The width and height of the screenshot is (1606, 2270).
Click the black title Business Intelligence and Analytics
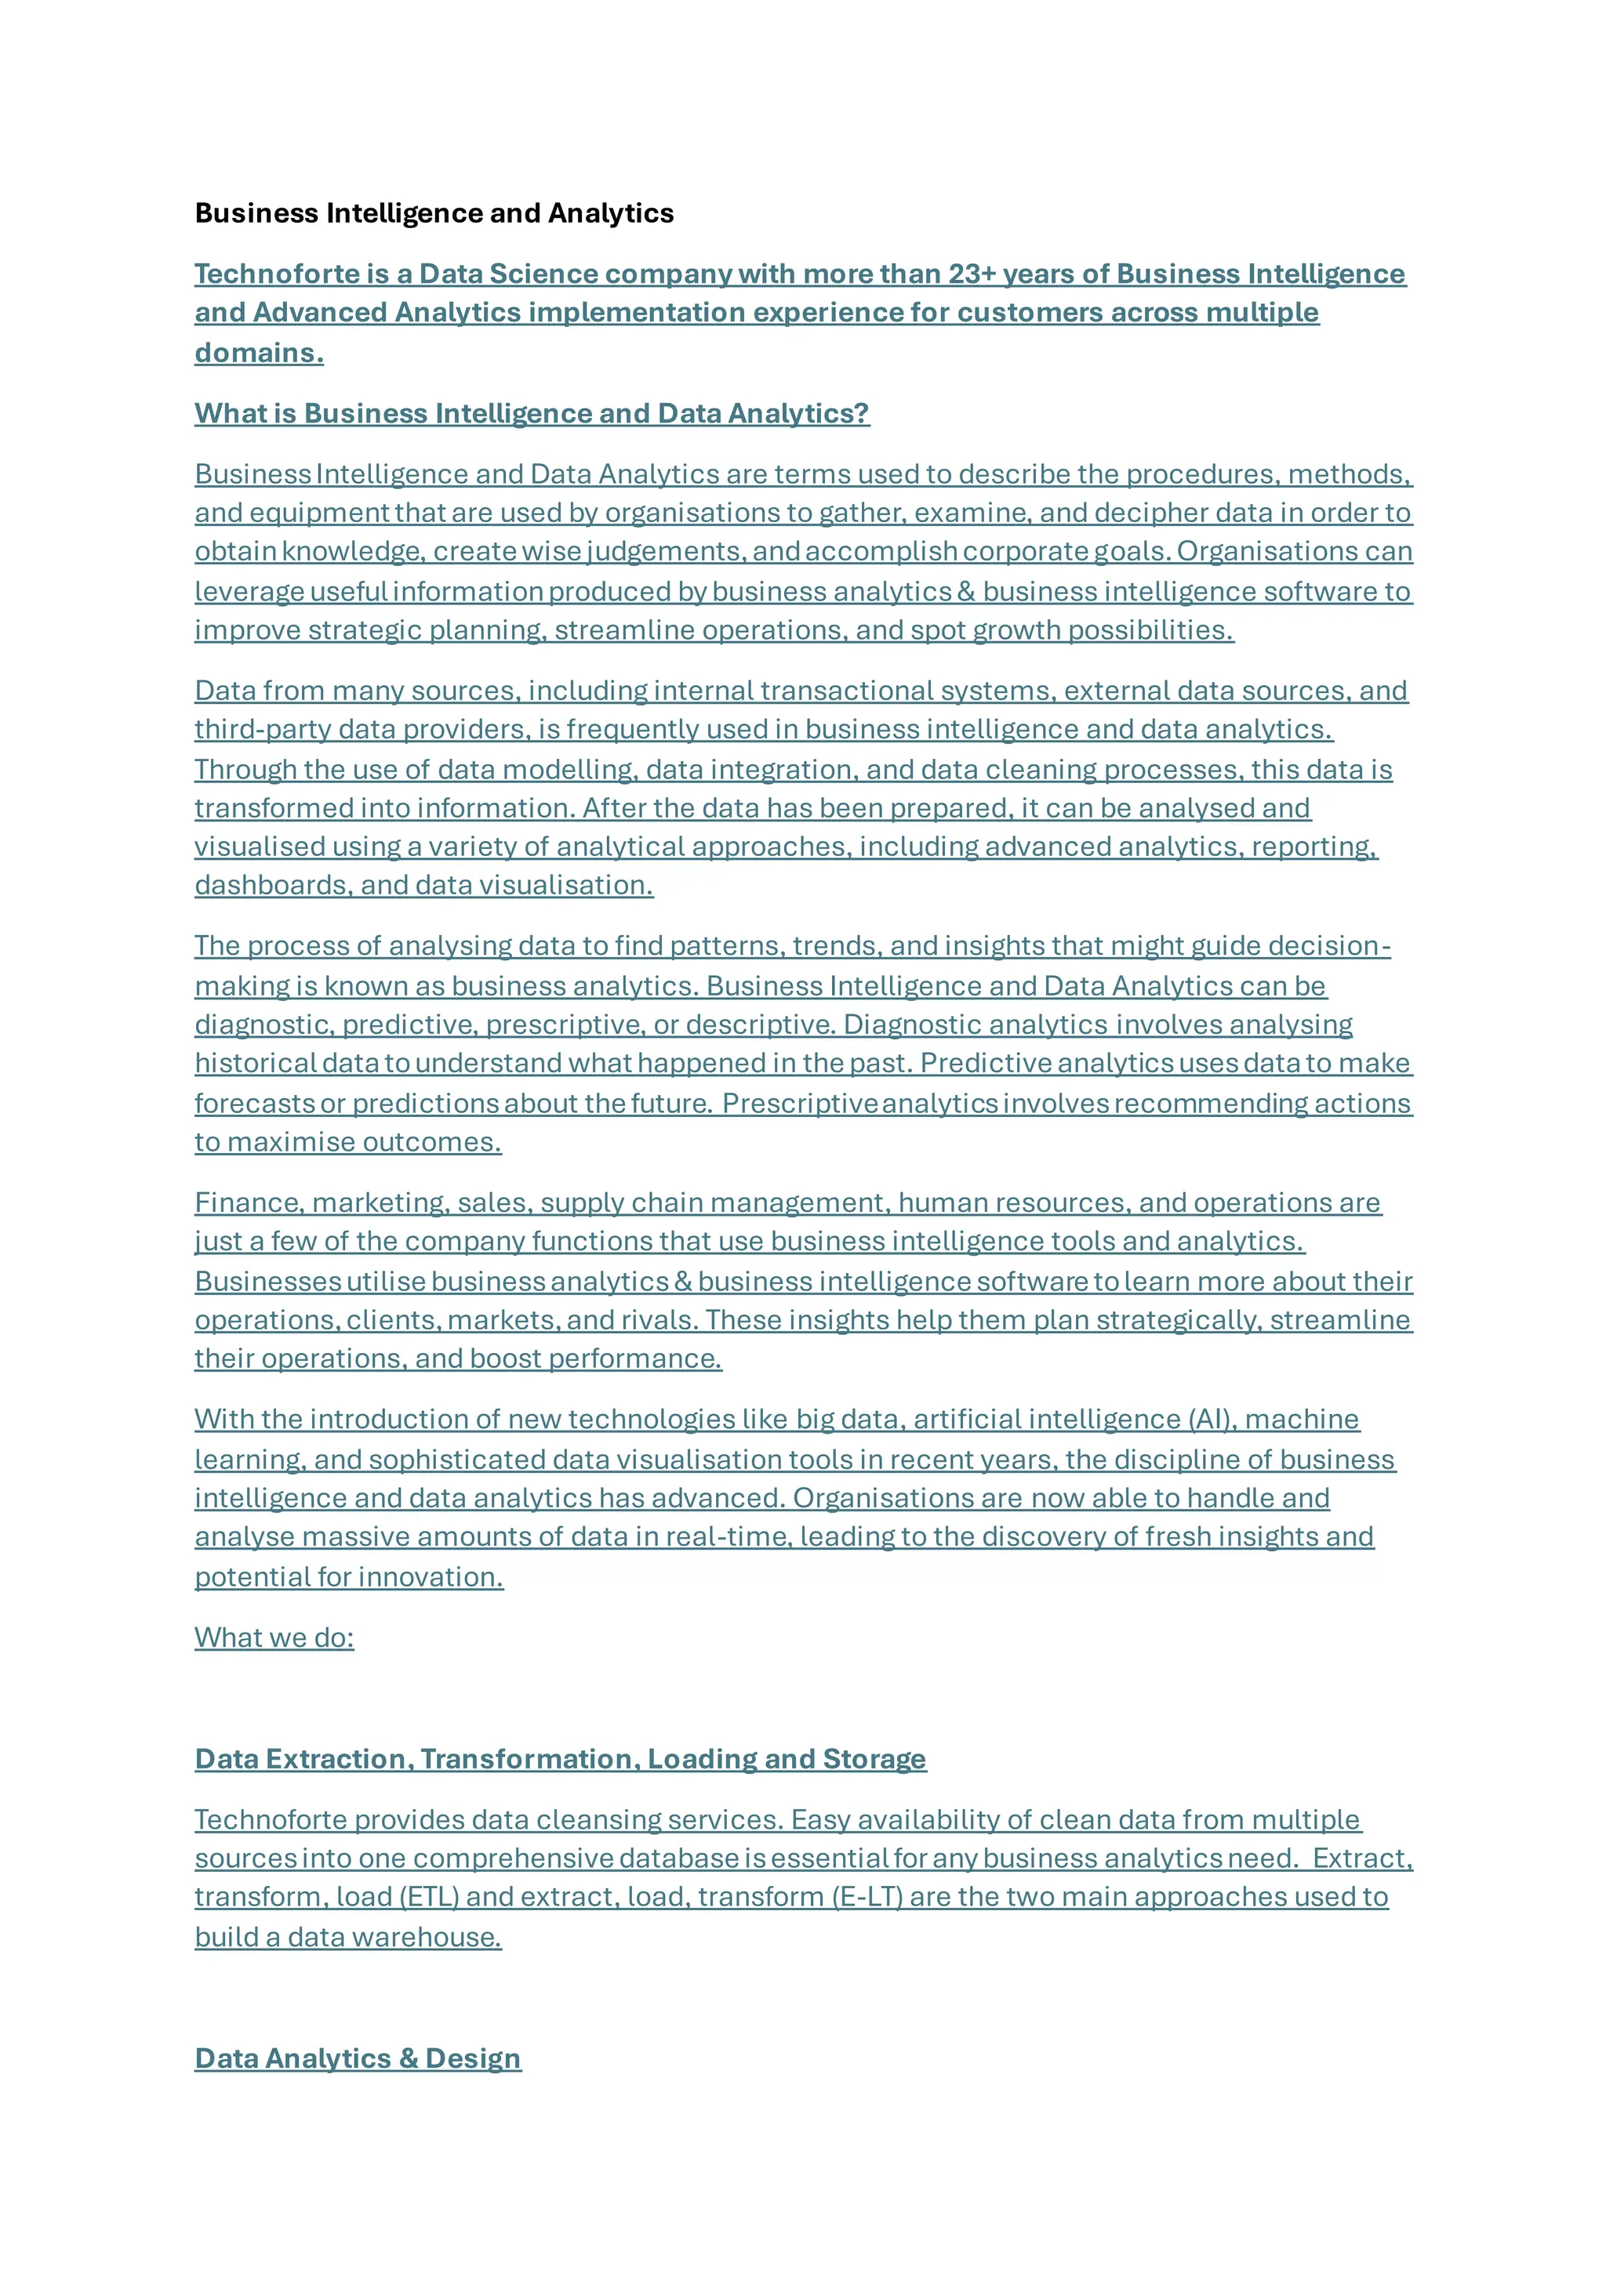(434, 213)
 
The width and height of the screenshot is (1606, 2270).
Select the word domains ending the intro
(258, 353)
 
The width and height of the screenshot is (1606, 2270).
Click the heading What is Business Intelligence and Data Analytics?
(532, 413)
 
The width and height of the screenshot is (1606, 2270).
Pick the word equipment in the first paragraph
(319, 513)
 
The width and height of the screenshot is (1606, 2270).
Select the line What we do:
(274, 1637)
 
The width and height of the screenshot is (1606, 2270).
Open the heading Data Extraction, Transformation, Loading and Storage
(560, 1759)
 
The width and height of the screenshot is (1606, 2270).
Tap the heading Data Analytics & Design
(358, 2058)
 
